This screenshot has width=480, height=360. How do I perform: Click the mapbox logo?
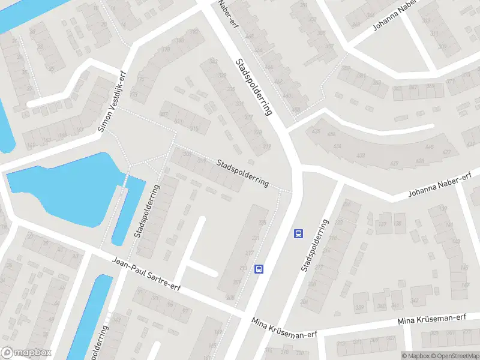(x=26, y=353)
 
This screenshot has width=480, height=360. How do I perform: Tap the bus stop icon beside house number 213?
(x=259, y=269)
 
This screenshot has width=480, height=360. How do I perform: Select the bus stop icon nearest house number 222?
(x=298, y=233)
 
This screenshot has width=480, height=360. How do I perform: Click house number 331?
(x=240, y=104)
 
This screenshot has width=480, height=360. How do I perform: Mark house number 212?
(x=318, y=267)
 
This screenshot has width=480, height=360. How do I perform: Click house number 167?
(x=80, y=129)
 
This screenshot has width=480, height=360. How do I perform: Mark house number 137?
(x=443, y=209)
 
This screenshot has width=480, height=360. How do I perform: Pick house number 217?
(x=250, y=253)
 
